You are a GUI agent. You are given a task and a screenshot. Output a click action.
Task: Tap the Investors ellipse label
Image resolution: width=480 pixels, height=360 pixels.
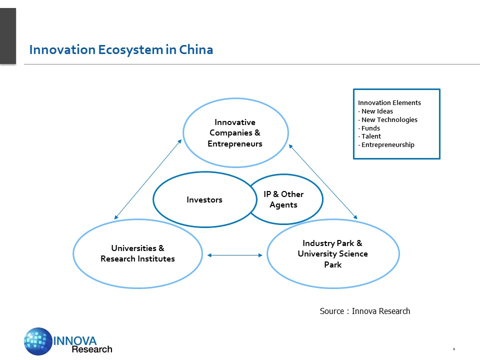click(204, 200)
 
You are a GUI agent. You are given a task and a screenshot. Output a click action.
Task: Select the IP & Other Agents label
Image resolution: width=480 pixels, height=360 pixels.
click(283, 199)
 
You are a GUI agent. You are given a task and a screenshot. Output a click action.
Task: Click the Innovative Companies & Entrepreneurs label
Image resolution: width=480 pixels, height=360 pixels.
click(235, 133)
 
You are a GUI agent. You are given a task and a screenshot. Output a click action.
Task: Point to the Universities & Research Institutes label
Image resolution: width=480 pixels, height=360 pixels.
click(137, 253)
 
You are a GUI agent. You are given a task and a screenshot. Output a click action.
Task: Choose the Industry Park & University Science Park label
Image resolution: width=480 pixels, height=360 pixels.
click(332, 254)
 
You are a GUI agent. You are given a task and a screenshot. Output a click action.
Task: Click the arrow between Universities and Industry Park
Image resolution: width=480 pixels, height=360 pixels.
click(235, 255)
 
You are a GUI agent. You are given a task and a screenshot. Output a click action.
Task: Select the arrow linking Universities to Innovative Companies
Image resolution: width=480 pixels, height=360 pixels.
click(147, 179)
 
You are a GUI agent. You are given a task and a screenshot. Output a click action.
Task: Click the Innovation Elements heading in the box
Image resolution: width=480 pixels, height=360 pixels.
click(389, 103)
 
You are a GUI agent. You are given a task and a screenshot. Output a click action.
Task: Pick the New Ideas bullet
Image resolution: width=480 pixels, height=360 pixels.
click(376, 111)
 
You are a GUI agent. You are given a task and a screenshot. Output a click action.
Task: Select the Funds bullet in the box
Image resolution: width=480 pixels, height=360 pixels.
click(370, 128)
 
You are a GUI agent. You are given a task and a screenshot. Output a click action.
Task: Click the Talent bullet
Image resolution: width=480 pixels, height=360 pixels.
click(370, 136)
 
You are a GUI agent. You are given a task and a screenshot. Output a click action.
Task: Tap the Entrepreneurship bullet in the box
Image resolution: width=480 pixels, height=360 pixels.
click(386, 145)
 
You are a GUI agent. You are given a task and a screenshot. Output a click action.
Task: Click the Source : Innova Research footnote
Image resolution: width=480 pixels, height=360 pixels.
click(365, 311)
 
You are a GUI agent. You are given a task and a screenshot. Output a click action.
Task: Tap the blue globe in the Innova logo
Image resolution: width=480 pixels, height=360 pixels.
click(38, 341)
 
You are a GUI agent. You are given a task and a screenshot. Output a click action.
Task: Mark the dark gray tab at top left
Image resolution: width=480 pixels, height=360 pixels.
click(8, 36)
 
